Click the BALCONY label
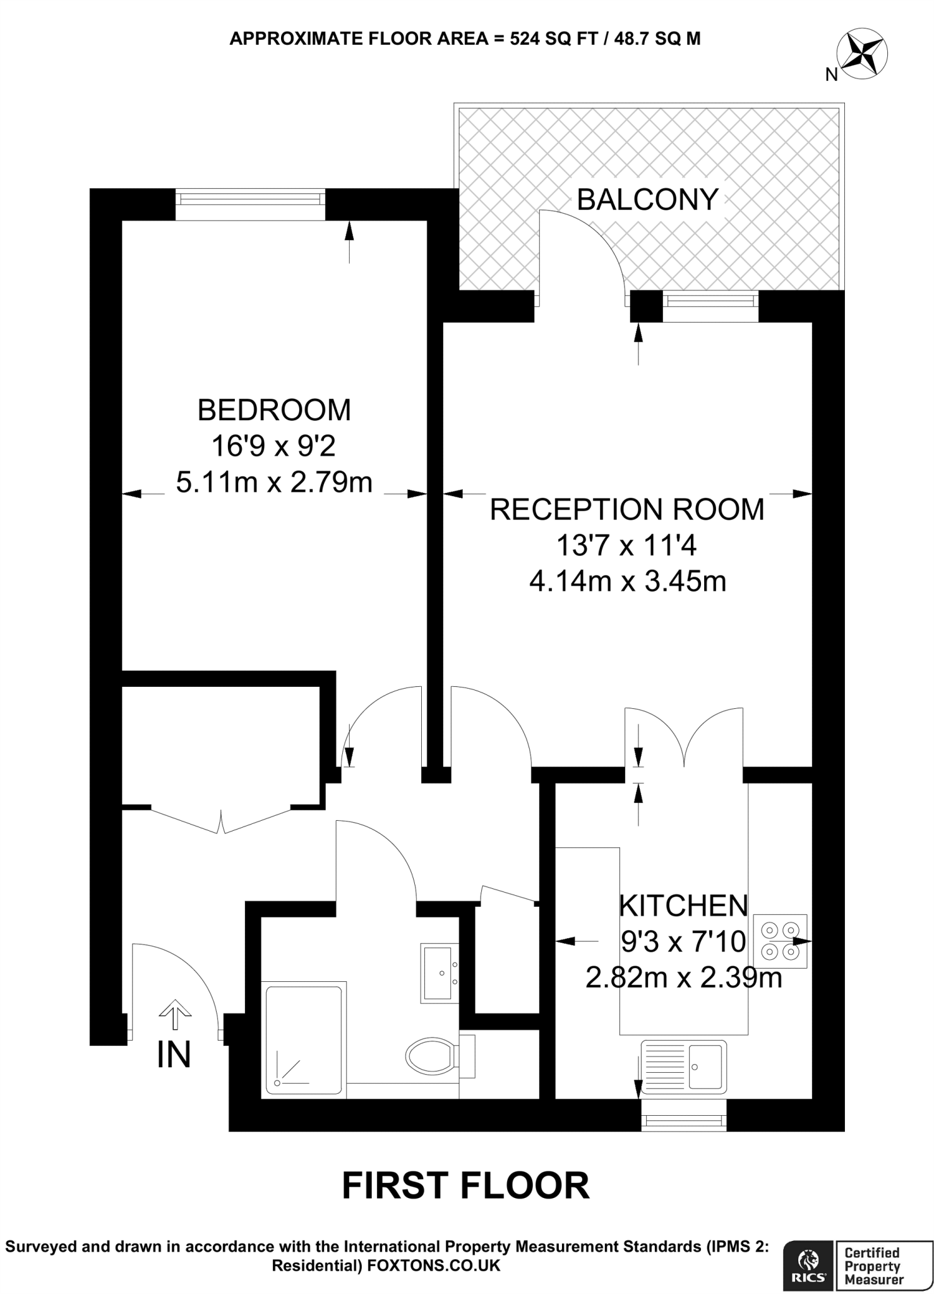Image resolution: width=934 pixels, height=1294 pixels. (647, 200)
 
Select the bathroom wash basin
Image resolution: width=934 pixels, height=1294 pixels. (440, 974)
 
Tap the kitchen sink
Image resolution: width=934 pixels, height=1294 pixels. (683, 1067)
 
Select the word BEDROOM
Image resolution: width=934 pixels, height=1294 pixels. (274, 410)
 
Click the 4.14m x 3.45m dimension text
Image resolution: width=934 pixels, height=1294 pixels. (627, 581)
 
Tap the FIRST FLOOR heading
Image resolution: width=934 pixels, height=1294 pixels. (465, 1185)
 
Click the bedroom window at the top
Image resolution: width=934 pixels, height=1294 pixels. (250, 198)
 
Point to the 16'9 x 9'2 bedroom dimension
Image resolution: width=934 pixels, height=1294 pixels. (274, 447)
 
